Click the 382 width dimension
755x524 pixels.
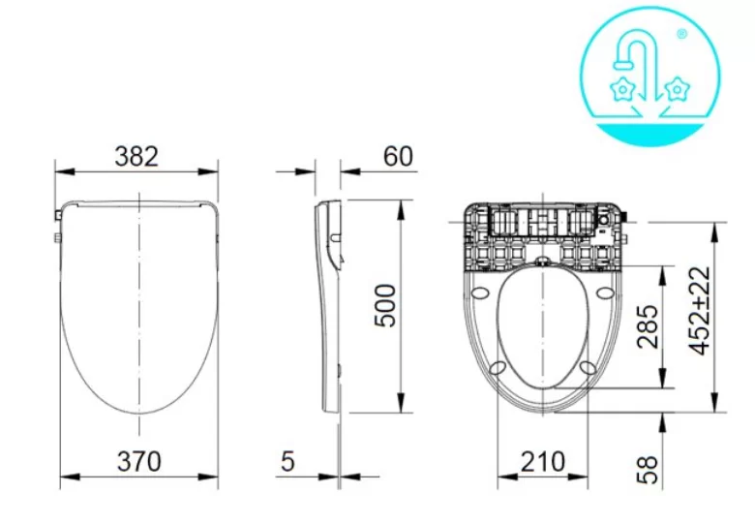136,155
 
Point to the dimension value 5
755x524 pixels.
287,461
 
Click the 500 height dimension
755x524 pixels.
385,306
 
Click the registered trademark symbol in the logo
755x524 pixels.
680,34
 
